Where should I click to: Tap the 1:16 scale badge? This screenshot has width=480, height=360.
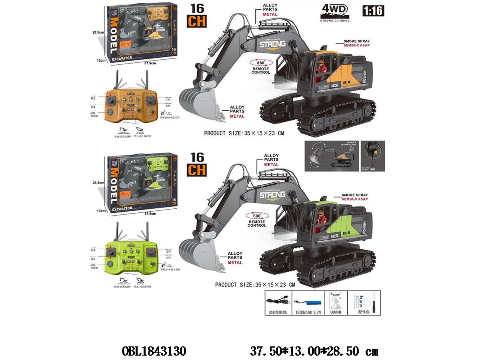[x=373, y=11]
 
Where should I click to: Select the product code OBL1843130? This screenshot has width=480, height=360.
[x=153, y=351]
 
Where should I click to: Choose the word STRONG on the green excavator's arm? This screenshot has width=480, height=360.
[x=272, y=195]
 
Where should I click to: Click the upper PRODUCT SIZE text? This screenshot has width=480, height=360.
[x=244, y=134]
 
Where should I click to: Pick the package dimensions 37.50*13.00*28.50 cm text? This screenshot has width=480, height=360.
[x=314, y=351]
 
